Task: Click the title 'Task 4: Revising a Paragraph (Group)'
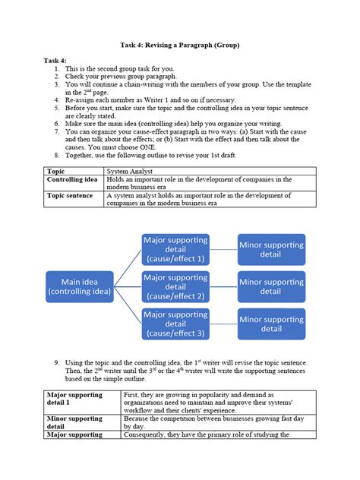180,46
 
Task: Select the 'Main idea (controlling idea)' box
80,287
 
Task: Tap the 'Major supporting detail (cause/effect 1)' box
175,249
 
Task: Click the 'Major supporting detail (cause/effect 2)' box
175,287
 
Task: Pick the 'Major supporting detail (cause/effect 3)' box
175,324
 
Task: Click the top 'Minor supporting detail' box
271,249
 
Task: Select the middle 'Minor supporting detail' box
271,287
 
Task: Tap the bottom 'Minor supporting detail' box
271,324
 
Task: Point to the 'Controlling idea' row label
72,180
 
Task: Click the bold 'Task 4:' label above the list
55,60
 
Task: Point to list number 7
57,131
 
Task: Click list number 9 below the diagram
57,363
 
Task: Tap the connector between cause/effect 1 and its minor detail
223,249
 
